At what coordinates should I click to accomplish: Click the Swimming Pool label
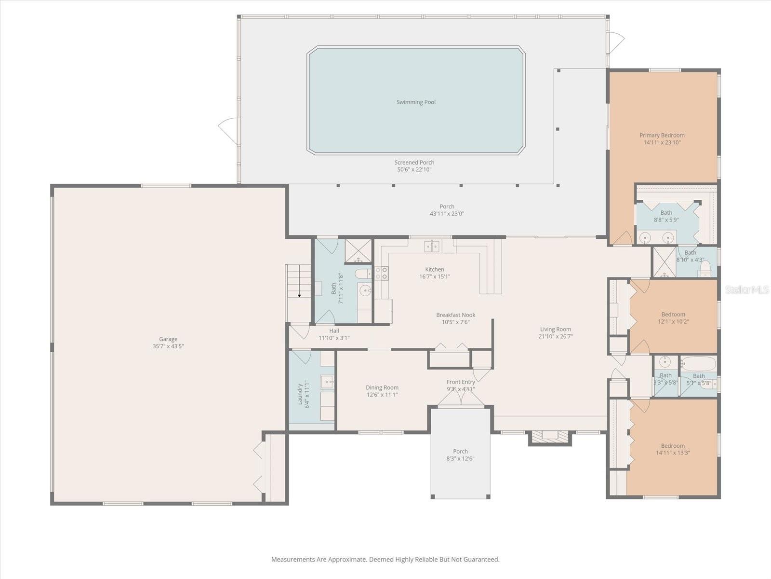(x=416, y=102)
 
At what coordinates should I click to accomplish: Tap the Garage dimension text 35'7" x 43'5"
(x=168, y=346)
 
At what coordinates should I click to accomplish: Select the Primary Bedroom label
(x=662, y=135)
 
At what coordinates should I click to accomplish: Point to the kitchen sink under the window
(x=432, y=247)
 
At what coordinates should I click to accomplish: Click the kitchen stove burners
(x=381, y=274)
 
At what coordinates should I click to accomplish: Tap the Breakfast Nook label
(x=455, y=315)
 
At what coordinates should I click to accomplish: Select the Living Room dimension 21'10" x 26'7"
(x=555, y=336)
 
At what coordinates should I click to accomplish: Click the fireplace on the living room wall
(x=550, y=436)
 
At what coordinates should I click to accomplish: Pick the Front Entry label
(x=461, y=382)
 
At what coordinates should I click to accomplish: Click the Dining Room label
(x=382, y=387)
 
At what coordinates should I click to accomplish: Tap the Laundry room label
(x=300, y=394)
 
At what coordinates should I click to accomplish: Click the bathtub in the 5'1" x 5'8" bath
(x=698, y=363)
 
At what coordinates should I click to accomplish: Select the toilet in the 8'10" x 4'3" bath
(x=705, y=268)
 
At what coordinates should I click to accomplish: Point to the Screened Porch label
(x=414, y=163)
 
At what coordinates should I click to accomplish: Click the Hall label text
(x=334, y=331)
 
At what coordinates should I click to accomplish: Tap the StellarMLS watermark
(x=746, y=289)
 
